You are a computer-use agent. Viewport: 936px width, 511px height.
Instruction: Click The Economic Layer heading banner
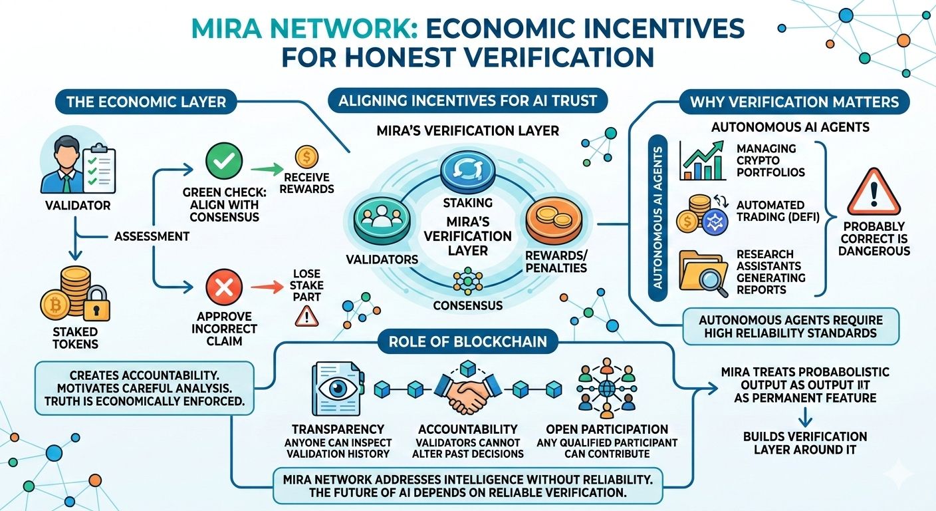tap(146, 102)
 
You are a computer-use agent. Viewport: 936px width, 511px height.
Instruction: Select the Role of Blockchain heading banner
tap(468, 342)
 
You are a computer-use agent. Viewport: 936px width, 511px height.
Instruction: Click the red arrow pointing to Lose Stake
tap(265, 287)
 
